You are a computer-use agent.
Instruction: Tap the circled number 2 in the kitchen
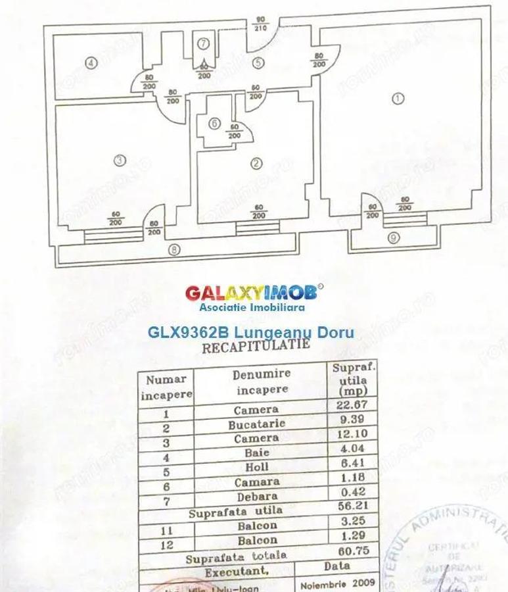pyautogui.click(x=257, y=164)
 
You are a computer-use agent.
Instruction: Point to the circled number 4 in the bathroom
pyautogui.click(x=91, y=63)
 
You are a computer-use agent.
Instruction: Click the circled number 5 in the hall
pyautogui.click(x=258, y=63)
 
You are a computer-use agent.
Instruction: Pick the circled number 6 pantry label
pyautogui.click(x=214, y=124)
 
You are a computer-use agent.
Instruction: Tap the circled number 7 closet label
pyautogui.click(x=204, y=44)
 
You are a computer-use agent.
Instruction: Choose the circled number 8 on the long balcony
pyautogui.click(x=174, y=249)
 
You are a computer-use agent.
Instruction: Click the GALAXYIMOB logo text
pyautogui.click(x=254, y=292)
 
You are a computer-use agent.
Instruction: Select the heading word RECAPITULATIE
pyautogui.click(x=256, y=347)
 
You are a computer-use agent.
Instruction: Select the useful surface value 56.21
pyautogui.click(x=354, y=508)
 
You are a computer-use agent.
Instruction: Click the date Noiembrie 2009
pyautogui.click(x=338, y=582)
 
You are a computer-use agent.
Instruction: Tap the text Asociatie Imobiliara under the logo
pyautogui.click(x=252, y=307)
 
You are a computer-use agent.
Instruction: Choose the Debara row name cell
pyautogui.click(x=256, y=497)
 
